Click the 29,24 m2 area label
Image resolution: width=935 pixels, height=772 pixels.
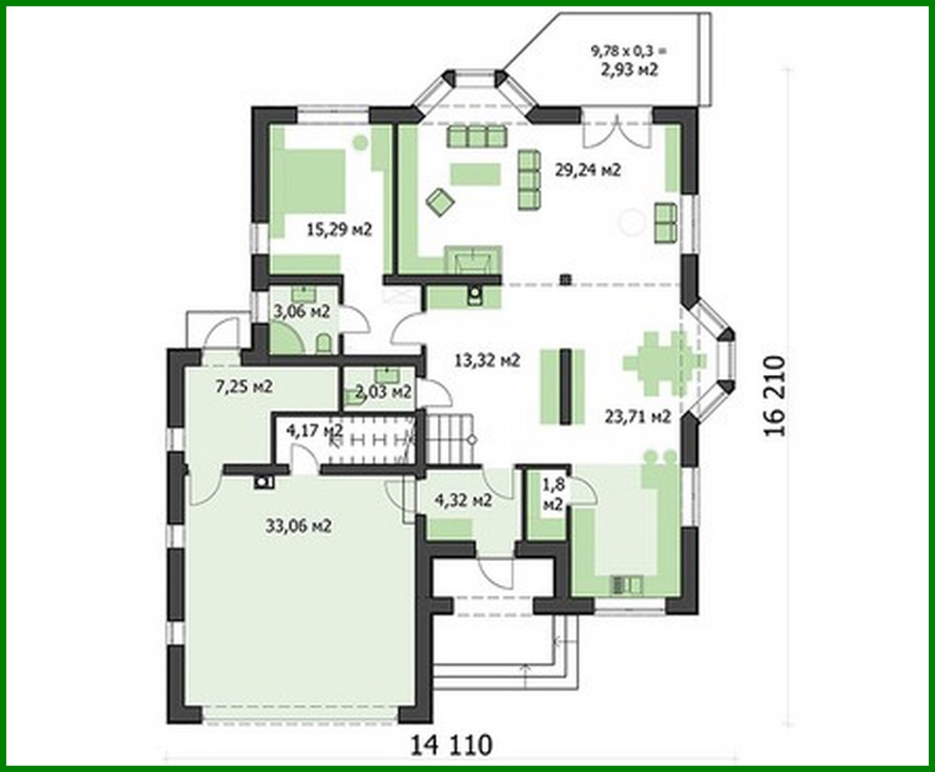588,170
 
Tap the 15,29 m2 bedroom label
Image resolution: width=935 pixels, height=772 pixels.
339,229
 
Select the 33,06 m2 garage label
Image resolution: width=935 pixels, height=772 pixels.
299,525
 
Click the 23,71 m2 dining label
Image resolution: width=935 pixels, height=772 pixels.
638,416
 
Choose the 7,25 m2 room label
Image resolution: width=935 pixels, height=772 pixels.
244,385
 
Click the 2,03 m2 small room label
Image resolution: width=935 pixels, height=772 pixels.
384,391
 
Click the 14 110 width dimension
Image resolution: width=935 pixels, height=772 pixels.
452,745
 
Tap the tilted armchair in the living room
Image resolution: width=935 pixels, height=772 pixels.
440,201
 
